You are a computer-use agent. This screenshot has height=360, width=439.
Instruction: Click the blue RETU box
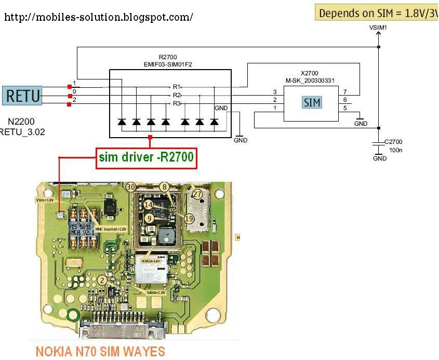(21, 96)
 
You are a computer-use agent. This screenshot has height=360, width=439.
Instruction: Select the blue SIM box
(312, 102)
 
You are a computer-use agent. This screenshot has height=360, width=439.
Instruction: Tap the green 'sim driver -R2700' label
(147, 158)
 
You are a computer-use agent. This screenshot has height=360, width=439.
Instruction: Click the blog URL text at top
(99, 17)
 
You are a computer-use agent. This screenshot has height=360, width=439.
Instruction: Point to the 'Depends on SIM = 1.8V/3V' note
(378, 13)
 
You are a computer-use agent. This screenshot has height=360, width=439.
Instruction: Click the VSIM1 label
(378, 26)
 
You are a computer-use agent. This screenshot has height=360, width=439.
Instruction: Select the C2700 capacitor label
(393, 141)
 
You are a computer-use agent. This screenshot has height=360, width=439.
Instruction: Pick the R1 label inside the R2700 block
(177, 86)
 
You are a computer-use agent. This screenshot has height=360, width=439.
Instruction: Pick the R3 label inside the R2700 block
(177, 104)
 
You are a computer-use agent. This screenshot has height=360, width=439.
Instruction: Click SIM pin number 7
(345, 92)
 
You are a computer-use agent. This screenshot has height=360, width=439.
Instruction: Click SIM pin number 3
(275, 92)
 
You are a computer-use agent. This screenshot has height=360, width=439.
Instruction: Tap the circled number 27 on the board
(197, 194)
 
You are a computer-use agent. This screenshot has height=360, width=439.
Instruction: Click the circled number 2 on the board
(103, 281)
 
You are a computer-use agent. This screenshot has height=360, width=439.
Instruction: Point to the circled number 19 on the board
(189, 219)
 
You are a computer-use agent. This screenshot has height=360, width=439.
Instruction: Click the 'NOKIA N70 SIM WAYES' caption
(100, 352)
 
